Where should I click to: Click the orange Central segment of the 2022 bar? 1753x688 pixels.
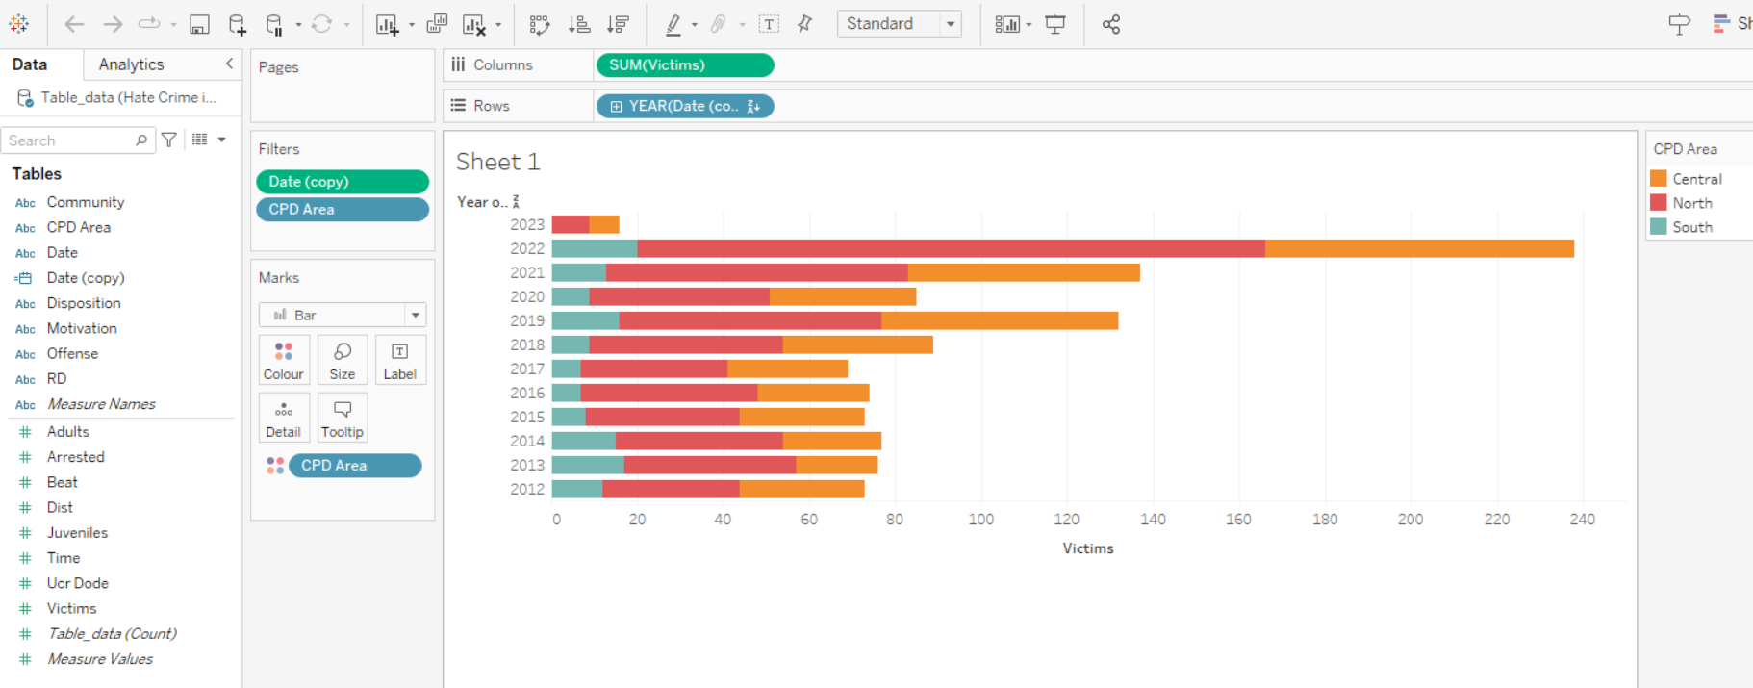tap(1419, 248)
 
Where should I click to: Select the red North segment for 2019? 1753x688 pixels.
tap(750, 320)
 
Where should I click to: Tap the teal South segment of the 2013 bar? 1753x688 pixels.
tap(588, 465)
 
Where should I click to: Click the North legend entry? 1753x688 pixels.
tap(1691, 203)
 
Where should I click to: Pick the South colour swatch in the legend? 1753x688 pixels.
tap(1659, 227)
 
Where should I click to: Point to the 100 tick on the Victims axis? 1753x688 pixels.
tap(980, 520)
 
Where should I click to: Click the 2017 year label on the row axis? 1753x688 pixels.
tap(527, 369)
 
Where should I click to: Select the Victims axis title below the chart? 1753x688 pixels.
tap(1087, 548)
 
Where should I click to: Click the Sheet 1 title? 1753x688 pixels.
tap(497, 162)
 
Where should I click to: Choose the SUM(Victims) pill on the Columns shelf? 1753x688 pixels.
tap(684, 65)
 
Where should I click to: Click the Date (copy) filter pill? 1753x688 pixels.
tap(342, 182)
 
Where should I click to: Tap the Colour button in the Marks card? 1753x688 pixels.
tap(284, 360)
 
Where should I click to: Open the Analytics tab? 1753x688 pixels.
tap(132, 64)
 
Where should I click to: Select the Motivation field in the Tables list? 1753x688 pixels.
tap(82, 328)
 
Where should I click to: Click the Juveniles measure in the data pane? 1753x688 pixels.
tap(77, 533)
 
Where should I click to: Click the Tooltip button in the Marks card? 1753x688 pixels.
tap(342, 418)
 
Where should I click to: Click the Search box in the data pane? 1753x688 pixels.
tap(69, 140)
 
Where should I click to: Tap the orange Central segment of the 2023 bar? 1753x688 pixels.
tap(604, 224)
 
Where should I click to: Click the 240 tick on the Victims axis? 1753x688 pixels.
tap(1582, 520)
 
